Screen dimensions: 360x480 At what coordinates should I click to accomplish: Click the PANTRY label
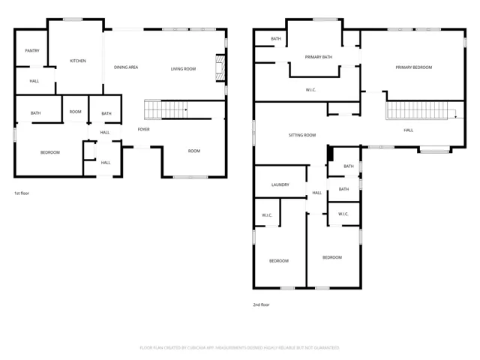coord(32,51)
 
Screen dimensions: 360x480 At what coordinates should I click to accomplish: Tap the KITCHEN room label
coord(78,61)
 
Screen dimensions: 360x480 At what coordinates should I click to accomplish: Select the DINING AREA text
coord(126,67)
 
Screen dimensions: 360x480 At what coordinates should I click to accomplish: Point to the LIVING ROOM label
coord(183,69)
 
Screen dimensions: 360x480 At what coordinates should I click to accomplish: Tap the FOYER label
coord(143,130)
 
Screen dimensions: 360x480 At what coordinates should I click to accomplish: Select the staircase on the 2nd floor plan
coord(420,111)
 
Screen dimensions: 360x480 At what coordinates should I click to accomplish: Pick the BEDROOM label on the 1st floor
coord(50,152)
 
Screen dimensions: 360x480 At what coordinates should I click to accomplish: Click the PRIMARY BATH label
coord(318,57)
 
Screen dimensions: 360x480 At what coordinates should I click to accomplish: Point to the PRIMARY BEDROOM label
coord(414,67)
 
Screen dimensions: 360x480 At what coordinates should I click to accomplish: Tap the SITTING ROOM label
coord(302,135)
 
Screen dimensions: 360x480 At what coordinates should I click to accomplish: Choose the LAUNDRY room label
coord(280,184)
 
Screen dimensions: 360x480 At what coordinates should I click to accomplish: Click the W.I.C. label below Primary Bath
coord(311,90)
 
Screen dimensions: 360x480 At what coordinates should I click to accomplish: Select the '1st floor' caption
coord(22,193)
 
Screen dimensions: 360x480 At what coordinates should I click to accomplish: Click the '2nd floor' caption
coord(261,304)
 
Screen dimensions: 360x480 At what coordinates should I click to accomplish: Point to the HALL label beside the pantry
coord(34,81)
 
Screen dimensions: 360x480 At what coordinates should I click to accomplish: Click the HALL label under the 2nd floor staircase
coord(408,130)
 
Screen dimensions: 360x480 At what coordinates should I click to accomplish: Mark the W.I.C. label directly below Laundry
coord(267,215)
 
